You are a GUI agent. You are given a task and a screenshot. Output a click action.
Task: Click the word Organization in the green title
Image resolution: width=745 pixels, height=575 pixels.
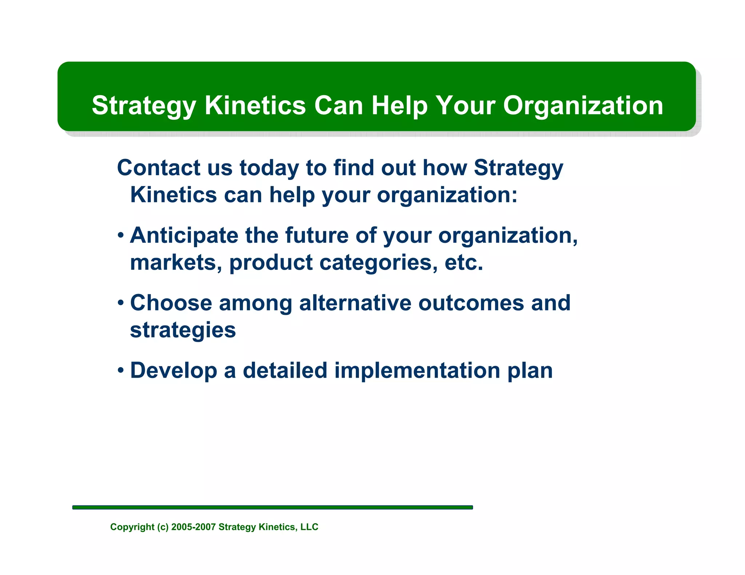click(x=583, y=106)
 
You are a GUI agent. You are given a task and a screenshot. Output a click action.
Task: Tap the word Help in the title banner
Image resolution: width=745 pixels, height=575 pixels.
click(x=399, y=106)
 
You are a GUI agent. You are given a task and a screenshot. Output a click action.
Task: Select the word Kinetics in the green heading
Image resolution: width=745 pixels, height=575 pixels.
click(x=255, y=106)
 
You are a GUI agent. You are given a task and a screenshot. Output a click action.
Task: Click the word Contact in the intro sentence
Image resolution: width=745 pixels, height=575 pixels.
click(x=159, y=168)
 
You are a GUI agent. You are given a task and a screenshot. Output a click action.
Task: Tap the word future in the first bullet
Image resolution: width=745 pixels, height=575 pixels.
click(x=316, y=236)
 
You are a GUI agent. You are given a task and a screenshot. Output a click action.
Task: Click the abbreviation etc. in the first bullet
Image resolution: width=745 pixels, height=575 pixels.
click(x=464, y=262)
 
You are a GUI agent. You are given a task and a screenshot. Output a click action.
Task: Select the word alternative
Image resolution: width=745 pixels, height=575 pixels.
click(x=355, y=303)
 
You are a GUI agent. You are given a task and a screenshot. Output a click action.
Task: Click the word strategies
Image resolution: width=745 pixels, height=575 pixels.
click(x=183, y=330)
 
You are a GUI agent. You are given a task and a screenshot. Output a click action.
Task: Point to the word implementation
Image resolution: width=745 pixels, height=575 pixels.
click(x=417, y=371)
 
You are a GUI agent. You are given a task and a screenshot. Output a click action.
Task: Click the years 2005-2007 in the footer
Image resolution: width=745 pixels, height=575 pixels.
click(x=194, y=527)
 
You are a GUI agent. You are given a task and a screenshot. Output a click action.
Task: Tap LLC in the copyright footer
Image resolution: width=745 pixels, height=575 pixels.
click(x=309, y=527)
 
